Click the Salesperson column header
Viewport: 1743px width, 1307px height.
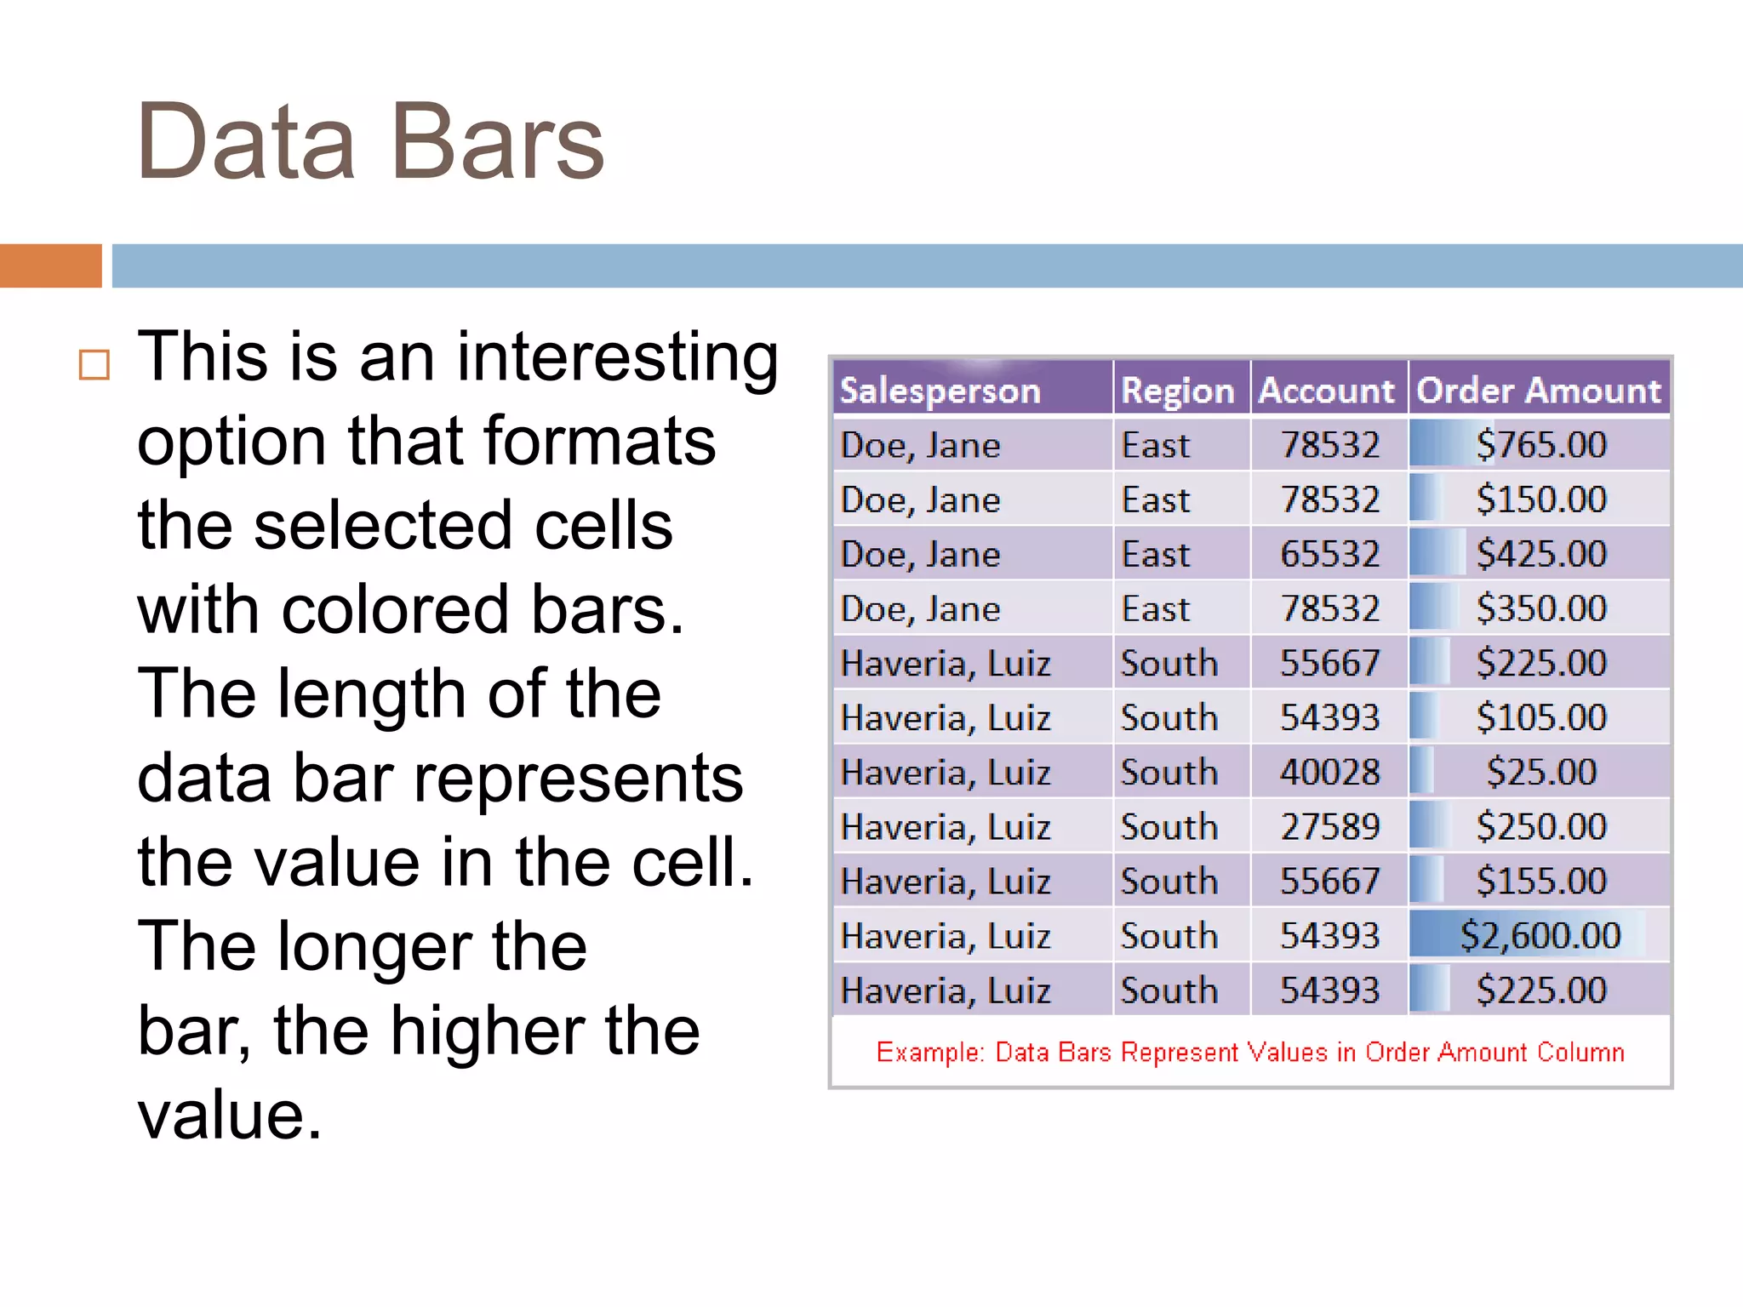(x=940, y=391)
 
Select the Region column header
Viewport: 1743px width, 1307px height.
(x=1177, y=391)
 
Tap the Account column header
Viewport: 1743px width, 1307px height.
(x=1326, y=391)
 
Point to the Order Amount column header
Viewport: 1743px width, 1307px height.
(x=1539, y=391)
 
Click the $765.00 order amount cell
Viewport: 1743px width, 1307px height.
(x=1540, y=445)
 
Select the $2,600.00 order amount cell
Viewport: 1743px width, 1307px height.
(x=1540, y=936)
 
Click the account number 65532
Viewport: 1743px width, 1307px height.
(x=1329, y=554)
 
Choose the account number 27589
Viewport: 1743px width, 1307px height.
(x=1329, y=827)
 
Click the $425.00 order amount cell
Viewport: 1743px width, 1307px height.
(x=1540, y=554)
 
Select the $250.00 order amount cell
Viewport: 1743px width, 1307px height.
(x=1540, y=827)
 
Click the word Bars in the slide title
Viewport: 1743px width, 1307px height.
(x=497, y=142)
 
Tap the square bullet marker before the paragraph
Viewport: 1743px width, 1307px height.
(x=94, y=365)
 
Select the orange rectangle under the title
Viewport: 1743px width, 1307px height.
(x=50, y=265)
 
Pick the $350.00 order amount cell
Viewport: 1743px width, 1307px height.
(x=1540, y=608)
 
